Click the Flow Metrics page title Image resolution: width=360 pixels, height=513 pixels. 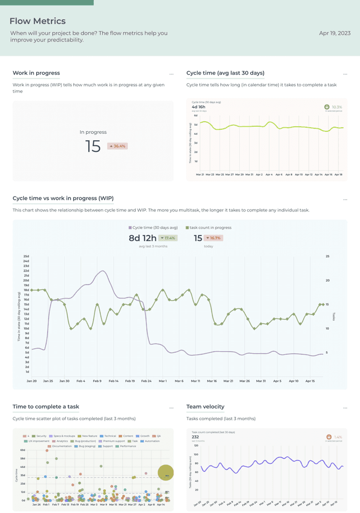coord(38,21)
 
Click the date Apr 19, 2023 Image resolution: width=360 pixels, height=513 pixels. coord(334,33)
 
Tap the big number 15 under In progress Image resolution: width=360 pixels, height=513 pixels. coord(93,146)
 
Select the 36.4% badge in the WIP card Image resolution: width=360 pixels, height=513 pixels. coord(117,146)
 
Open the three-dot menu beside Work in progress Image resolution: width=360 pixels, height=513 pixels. coord(171,74)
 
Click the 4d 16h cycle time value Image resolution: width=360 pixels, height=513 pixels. coord(199,107)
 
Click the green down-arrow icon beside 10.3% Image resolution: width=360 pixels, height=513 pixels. coord(327,107)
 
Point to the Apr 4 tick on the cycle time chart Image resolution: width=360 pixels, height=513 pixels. coord(269,174)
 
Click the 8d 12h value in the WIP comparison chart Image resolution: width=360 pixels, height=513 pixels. coord(142,238)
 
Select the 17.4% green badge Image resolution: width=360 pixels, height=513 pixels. coord(167,238)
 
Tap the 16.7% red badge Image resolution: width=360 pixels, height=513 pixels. coord(214,238)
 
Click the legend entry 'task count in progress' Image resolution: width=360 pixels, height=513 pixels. coord(209,227)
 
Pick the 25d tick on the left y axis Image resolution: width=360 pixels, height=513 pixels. coord(26,256)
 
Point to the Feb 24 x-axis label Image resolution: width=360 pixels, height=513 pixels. coord(146,381)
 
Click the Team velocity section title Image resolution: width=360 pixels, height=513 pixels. coord(205,407)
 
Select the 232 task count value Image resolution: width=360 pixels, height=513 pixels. coord(195,437)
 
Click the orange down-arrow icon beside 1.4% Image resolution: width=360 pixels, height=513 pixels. coord(328,437)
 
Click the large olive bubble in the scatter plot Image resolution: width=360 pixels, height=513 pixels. coord(165,472)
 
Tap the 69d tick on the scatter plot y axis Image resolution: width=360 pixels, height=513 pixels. coord(23,450)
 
